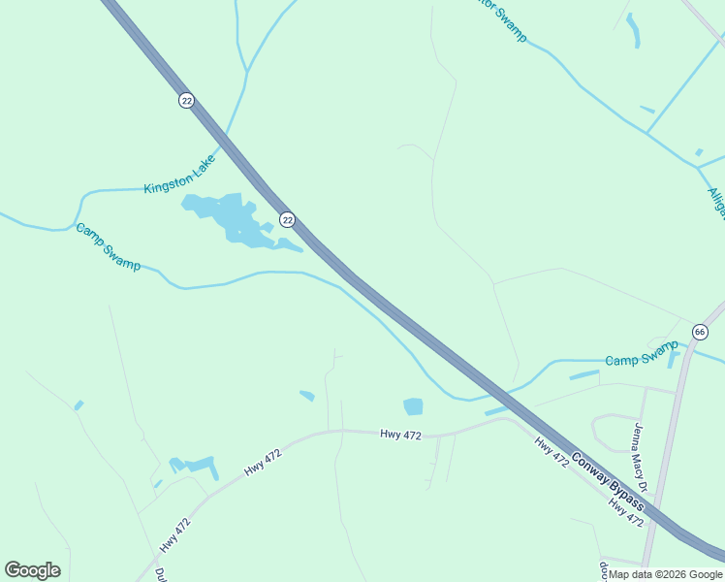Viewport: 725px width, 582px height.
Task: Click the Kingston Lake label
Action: [x=179, y=177]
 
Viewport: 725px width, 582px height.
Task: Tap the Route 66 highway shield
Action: [x=700, y=333]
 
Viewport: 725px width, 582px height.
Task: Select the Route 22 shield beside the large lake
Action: [x=287, y=220]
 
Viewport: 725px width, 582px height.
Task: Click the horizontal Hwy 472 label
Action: [x=400, y=436]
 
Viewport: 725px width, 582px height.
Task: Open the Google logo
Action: [x=32, y=570]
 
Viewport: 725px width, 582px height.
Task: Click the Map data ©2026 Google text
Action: [x=666, y=574]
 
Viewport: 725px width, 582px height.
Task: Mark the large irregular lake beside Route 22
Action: [x=231, y=218]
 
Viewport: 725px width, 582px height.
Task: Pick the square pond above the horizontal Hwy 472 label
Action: [x=413, y=406]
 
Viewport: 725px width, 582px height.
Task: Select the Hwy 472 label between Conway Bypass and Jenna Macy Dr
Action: [x=552, y=453]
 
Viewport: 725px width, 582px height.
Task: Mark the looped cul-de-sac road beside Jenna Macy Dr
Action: [x=614, y=431]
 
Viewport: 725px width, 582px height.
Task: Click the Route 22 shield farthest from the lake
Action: [x=185, y=101]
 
